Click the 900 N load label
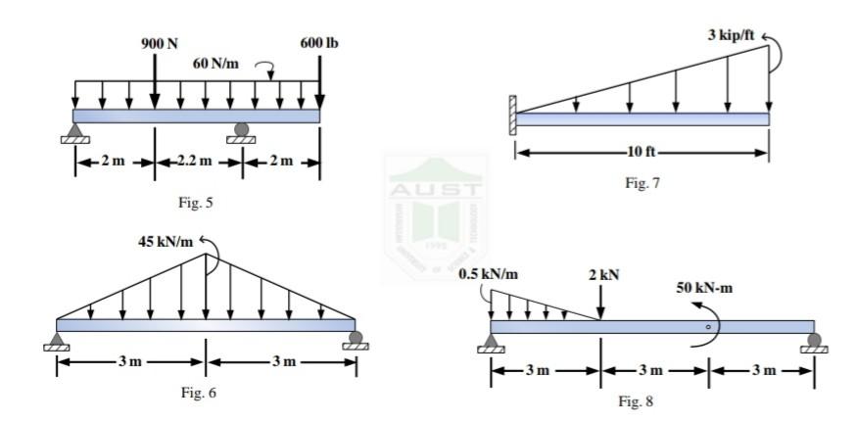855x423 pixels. click(160, 44)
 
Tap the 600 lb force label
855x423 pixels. click(319, 44)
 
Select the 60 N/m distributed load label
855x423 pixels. click(215, 64)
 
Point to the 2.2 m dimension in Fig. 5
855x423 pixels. click(195, 162)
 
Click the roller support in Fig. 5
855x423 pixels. click(241, 133)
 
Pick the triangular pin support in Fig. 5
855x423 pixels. click(75, 133)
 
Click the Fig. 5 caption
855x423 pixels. click(196, 203)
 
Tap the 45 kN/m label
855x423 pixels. click(166, 242)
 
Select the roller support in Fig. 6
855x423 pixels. click(356, 340)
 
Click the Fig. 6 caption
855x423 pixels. click(199, 393)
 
